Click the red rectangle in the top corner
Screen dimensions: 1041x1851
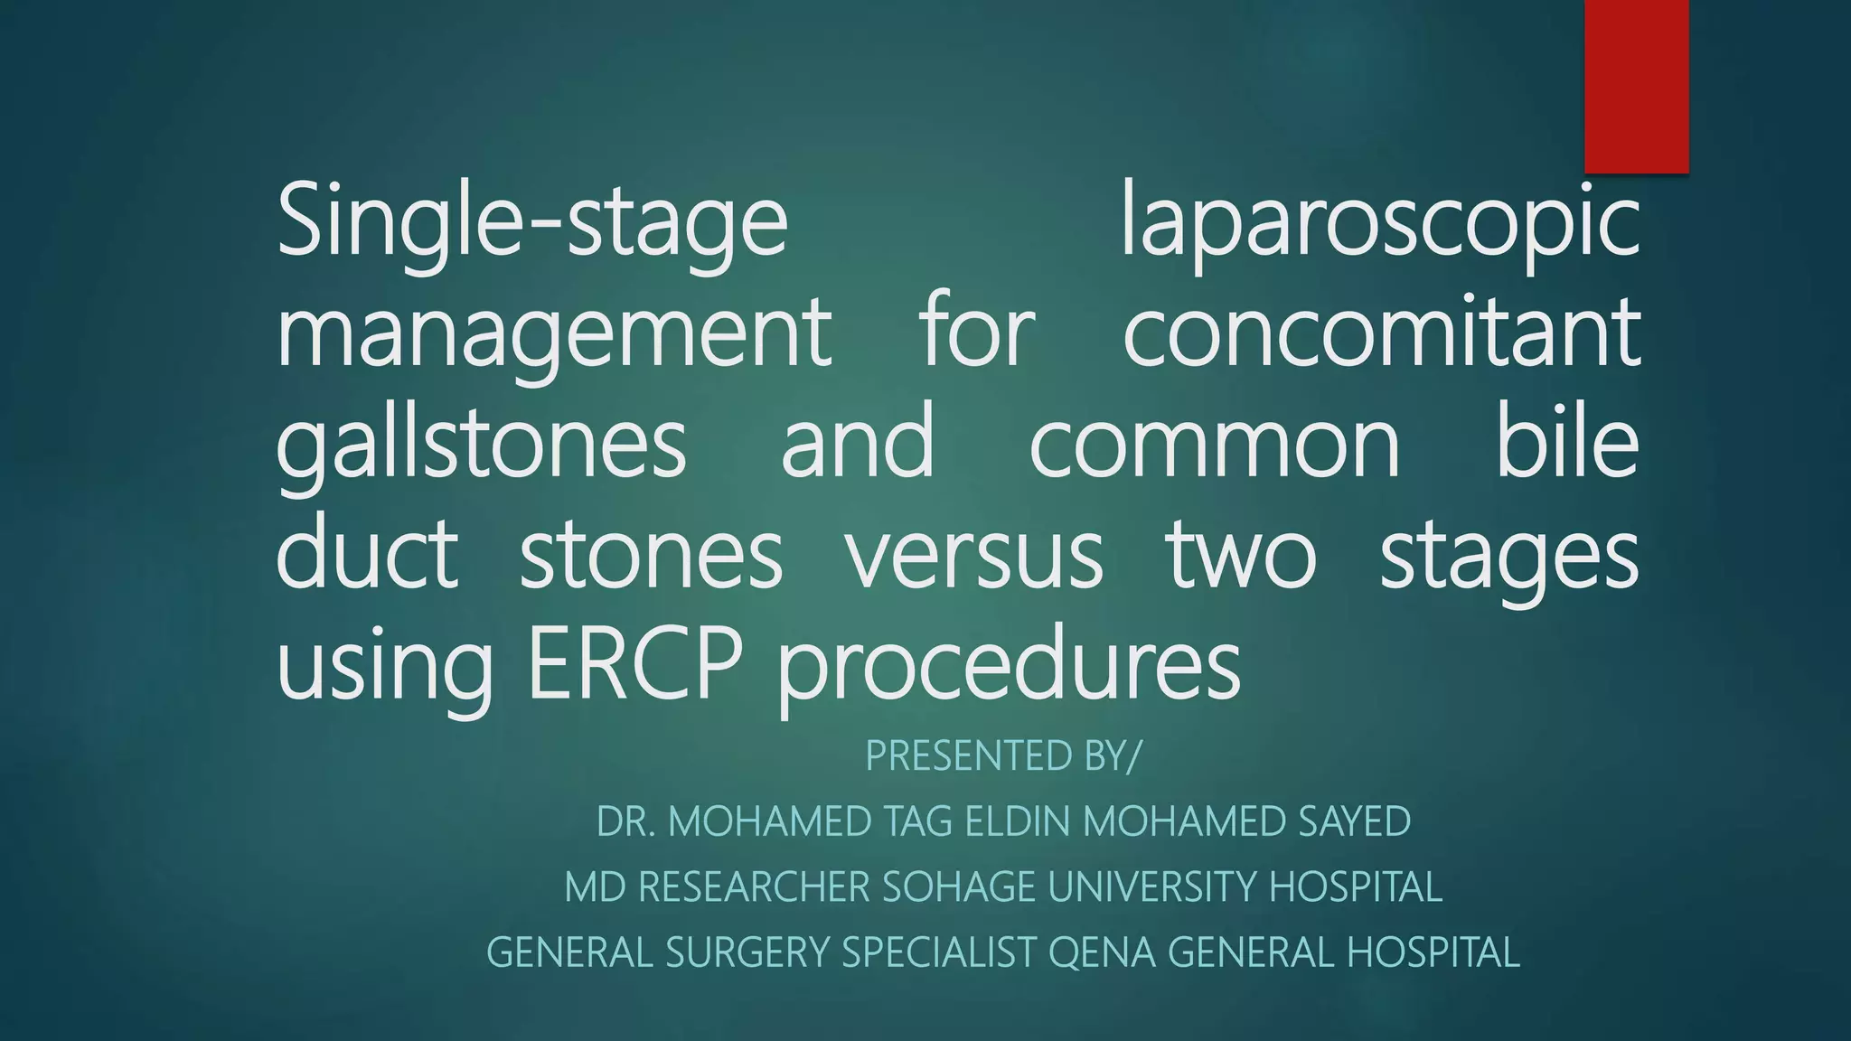tap(1636, 86)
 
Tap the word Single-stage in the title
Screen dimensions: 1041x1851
tap(532, 221)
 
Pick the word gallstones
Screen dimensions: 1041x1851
tap(481, 444)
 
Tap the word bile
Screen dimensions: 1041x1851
tap(1567, 444)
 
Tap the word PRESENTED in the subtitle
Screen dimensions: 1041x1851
tap(970, 755)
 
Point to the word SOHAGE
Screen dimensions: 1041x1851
tap(958, 887)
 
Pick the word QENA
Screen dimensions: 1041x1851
tap(1102, 952)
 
